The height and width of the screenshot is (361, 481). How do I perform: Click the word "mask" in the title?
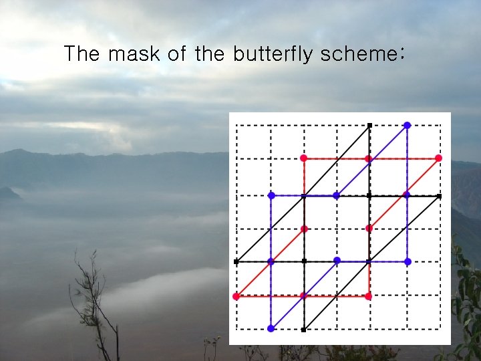(x=134, y=54)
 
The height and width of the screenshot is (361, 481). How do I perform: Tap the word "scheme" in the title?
(x=355, y=54)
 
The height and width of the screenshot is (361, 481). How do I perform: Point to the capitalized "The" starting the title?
(x=82, y=54)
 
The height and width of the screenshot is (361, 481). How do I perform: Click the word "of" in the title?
(x=177, y=54)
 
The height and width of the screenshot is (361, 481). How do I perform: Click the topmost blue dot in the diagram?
(x=407, y=125)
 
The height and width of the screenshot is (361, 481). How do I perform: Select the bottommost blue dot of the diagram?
(x=271, y=328)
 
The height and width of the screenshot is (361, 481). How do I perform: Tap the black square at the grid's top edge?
(x=369, y=125)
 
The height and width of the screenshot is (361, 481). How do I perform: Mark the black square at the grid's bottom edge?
(x=304, y=329)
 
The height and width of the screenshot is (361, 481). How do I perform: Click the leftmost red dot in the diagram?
(x=236, y=295)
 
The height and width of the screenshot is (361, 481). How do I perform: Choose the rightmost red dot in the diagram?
(x=438, y=158)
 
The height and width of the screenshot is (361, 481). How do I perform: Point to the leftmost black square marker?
(x=236, y=261)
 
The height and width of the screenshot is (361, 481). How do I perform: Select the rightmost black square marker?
(x=439, y=196)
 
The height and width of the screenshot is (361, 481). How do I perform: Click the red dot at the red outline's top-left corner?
(x=303, y=158)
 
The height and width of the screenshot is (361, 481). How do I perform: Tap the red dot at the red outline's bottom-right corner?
(x=369, y=295)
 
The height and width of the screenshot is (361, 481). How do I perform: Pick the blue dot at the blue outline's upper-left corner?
(x=271, y=195)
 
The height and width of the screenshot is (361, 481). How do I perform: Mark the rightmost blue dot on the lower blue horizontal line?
(x=407, y=261)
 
